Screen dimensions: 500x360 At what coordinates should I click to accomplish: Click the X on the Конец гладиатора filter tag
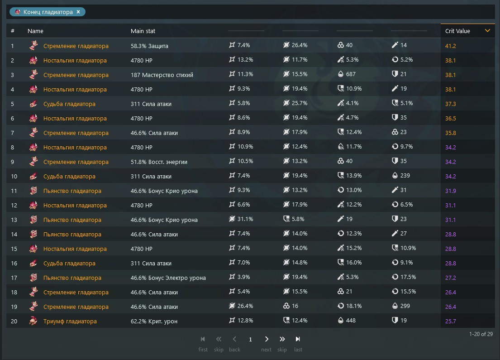pos(78,12)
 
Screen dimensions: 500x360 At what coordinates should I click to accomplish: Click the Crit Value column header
pos(457,31)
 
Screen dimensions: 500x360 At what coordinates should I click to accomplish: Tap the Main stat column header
pos(143,31)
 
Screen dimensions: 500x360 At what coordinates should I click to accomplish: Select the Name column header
pos(35,31)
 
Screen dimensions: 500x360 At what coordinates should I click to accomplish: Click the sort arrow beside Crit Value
pos(487,31)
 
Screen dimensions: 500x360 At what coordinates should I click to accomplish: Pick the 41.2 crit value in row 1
pos(451,46)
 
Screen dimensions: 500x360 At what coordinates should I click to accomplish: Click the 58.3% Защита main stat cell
pos(149,46)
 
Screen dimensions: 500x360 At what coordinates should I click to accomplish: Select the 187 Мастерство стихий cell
pos(162,75)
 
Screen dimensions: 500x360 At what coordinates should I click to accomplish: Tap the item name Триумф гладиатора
pos(70,322)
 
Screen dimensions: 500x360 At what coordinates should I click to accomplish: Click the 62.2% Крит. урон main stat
pos(154,322)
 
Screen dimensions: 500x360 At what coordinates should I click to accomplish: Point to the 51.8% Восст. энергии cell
pos(159,162)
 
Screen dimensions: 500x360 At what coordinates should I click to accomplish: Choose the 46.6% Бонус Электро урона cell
pos(168,278)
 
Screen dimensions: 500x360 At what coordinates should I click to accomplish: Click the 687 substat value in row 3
pos(351,74)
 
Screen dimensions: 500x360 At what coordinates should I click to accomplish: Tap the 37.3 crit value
pos(451,104)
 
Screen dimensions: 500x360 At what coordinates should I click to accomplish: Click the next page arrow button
pos(267,339)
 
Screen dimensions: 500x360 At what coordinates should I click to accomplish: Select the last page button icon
pos(298,339)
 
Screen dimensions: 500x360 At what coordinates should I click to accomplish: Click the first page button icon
pos(203,339)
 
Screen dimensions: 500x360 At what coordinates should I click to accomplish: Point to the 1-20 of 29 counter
pos(481,334)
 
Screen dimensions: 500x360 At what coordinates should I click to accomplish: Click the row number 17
pos(14,278)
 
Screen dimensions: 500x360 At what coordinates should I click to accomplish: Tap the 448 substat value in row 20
pos(351,321)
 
